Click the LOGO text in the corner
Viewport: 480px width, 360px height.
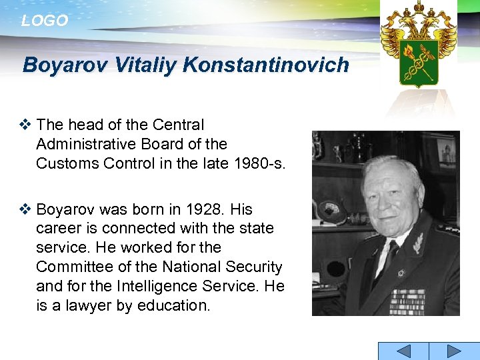(45, 21)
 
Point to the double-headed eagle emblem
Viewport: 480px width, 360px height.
(418, 43)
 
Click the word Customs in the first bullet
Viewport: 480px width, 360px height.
(63, 163)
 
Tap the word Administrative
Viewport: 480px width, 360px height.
(89, 144)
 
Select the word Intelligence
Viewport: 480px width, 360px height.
(166, 287)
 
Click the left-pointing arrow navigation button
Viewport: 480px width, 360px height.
(403, 351)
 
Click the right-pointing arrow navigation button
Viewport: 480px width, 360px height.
(453, 351)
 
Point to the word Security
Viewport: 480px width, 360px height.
(254, 267)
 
